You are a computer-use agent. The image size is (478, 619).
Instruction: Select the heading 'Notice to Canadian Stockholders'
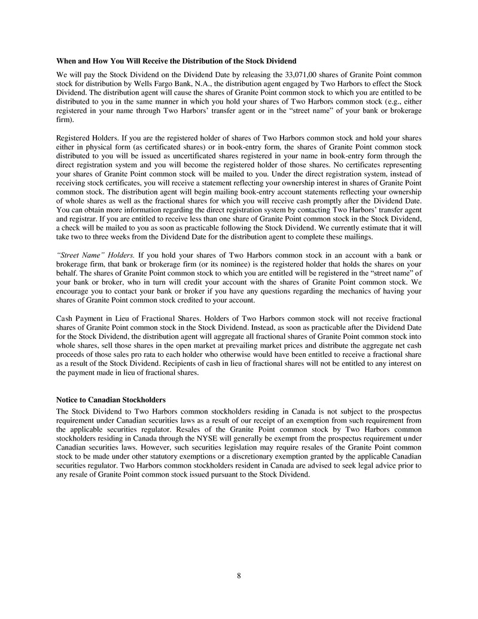tap(111, 399)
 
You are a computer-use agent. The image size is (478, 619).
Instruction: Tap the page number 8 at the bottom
tap(239, 576)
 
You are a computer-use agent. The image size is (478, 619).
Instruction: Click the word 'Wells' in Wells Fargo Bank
tap(145, 84)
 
